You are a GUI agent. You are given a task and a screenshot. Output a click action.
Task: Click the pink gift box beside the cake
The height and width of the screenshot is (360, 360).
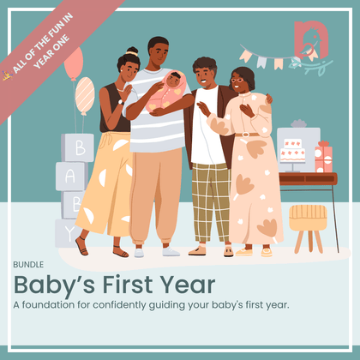tap(323, 158)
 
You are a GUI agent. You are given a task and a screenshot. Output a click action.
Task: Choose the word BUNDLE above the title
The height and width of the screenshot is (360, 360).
tap(27, 264)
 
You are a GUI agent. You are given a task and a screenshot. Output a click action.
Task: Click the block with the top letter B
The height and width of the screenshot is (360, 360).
tap(78, 147)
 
